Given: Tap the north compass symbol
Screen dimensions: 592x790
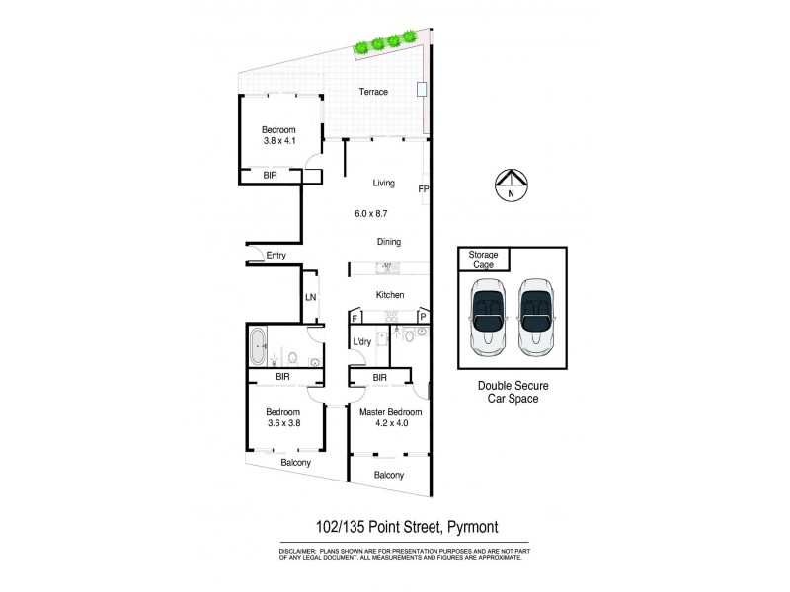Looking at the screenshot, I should pyautogui.click(x=510, y=185).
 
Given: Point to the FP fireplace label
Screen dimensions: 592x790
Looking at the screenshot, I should pyautogui.click(x=424, y=188).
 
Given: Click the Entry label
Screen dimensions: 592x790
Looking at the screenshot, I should pyautogui.click(x=276, y=257).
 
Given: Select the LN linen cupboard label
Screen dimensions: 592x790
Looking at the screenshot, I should pyautogui.click(x=309, y=296).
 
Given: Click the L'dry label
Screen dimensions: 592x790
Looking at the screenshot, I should pyautogui.click(x=362, y=342).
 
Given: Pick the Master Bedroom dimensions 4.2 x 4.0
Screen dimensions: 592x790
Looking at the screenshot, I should pyautogui.click(x=390, y=424).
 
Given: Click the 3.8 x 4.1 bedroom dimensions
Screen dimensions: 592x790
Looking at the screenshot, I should pyautogui.click(x=279, y=141).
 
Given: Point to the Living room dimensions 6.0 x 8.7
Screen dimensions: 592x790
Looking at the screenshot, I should pyautogui.click(x=374, y=213).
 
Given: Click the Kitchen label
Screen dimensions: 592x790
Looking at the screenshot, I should pyautogui.click(x=390, y=295).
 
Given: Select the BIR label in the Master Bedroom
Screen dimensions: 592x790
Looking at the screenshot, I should pyautogui.click(x=380, y=377).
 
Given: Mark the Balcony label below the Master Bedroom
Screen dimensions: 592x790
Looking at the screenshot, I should pyautogui.click(x=388, y=475).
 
